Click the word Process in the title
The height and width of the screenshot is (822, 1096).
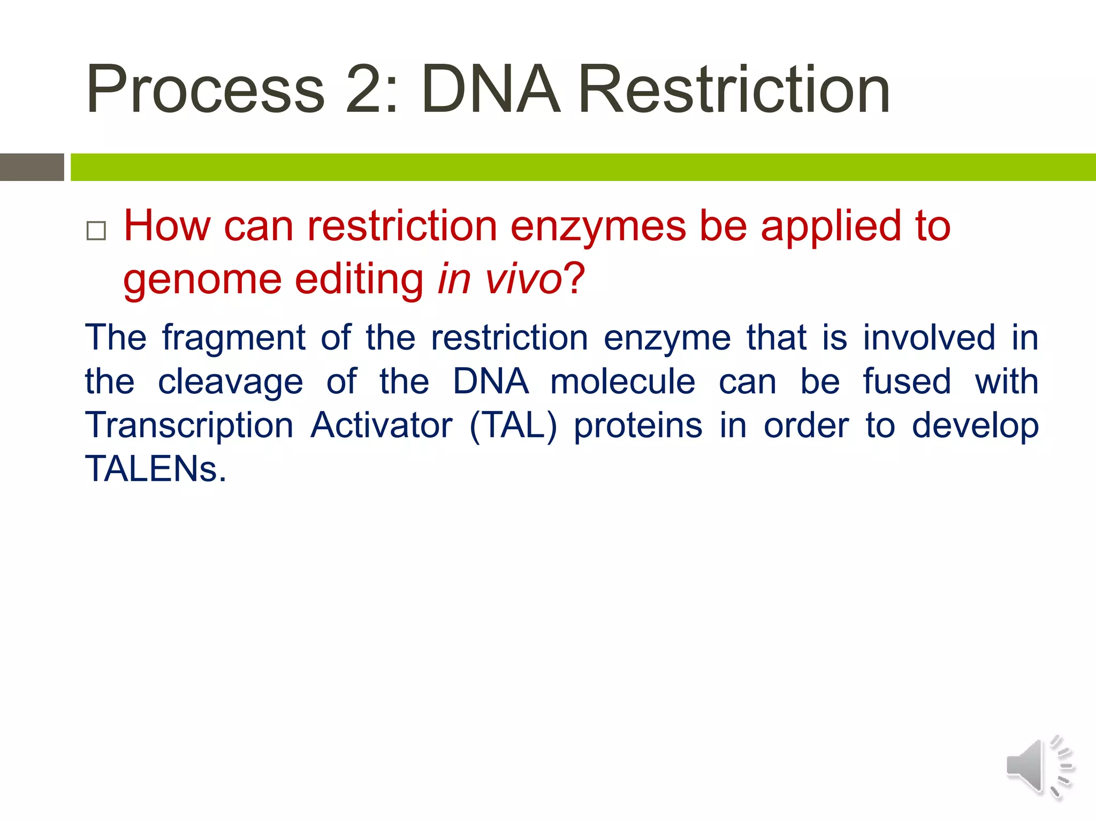click(x=205, y=90)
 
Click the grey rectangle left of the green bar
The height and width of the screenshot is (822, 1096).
click(x=32, y=167)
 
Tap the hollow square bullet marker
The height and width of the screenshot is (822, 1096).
click(x=96, y=231)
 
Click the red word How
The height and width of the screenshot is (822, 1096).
click(x=167, y=226)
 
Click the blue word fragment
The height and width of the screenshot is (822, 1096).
click(x=234, y=339)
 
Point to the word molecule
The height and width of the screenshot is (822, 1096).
click(x=623, y=382)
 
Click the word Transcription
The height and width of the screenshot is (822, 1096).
click(x=189, y=427)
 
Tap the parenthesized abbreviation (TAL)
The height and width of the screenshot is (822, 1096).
click(x=513, y=427)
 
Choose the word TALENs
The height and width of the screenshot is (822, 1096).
click(x=156, y=469)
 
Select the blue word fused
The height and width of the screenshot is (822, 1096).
click(x=907, y=382)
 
